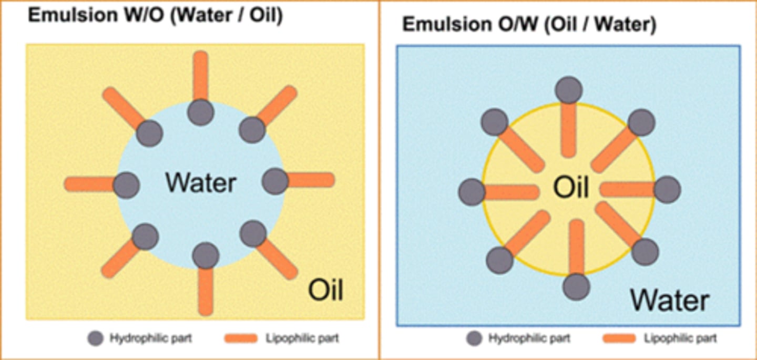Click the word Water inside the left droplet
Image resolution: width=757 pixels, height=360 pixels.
[x=201, y=183]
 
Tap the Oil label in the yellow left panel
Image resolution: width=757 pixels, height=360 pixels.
[x=325, y=290]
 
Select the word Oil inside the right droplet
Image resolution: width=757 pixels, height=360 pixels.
[x=571, y=187]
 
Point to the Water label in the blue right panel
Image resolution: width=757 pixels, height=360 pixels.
[x=670, y=300]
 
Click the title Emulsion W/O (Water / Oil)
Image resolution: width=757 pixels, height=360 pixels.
[x=155, y=15]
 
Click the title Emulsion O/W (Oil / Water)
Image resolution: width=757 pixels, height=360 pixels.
[x=529, y=25]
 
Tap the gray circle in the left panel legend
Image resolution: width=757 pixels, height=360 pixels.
[x=95, y=338]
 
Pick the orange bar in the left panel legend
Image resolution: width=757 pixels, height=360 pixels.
[x=241, y=338]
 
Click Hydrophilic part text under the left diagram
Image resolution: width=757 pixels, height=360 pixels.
[x=150, y=338]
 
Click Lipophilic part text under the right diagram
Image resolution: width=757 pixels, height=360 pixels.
[x=680, y=338]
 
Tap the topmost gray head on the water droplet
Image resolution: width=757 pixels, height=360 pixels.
[x=201, y=112]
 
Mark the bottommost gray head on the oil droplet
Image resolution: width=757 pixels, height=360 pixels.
[x=576, y=286]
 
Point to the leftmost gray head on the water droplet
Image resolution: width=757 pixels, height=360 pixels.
[x=126, y=185]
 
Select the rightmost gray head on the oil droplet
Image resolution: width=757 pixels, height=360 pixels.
[x=667, y=190]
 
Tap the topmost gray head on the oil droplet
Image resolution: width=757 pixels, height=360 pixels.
[x=569, y=90]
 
